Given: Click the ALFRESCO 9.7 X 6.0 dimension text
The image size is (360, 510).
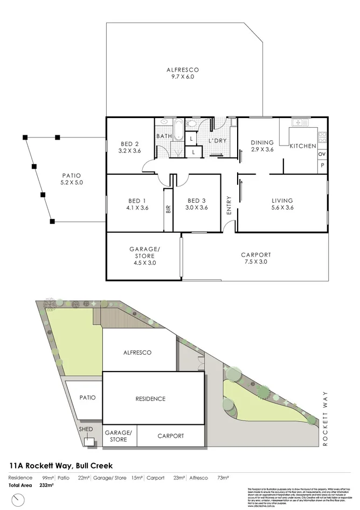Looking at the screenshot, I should click(x=183, y=77).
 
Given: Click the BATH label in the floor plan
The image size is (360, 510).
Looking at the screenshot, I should click(x=164, y=136).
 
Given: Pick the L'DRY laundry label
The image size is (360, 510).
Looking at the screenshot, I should click(x=217, y=141).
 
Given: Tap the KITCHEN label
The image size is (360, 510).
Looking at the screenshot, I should click(x=303, y=146).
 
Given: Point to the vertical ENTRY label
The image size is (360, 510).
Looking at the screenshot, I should click(x=229, y=205).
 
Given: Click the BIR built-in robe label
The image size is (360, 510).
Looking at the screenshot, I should click(x=168, y=209).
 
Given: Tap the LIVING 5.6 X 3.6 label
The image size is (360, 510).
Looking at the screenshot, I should click(x=282, y=204).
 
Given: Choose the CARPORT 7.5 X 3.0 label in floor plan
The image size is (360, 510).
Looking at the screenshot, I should click(x=255, y=258).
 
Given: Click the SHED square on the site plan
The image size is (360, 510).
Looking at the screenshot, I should click(x=88, y=442).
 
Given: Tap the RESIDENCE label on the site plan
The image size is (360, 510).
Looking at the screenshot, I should click(x=150, y=399).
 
